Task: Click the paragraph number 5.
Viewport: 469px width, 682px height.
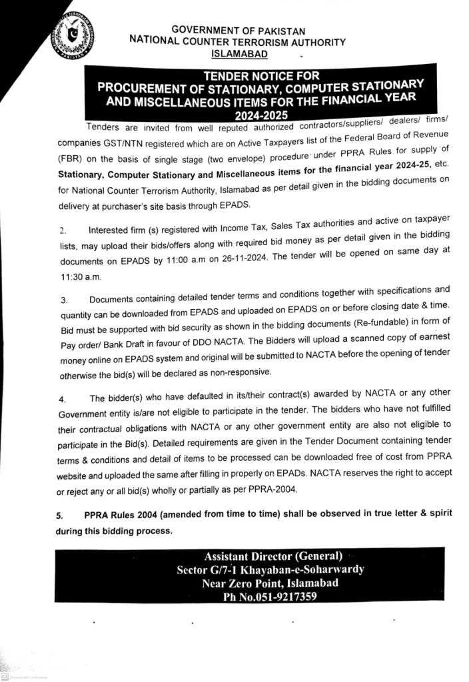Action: click(x=60, y=515)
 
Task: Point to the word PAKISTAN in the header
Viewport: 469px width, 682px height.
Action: click(x=274, y=31)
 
